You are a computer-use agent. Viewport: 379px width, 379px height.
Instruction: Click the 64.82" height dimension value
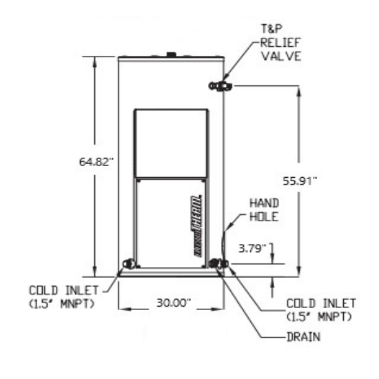tap(96, 162)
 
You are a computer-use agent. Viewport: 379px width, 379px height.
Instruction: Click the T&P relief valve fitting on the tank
tap(221, 85)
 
